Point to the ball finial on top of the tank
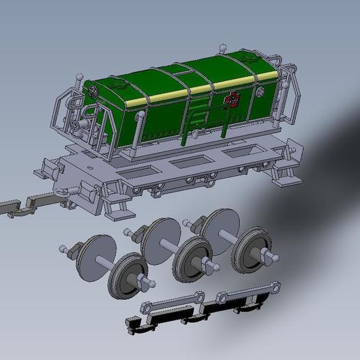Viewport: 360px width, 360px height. point(223,49)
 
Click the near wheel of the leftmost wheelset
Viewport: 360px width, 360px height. point(128,276)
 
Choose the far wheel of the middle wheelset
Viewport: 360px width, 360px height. point(159,237)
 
